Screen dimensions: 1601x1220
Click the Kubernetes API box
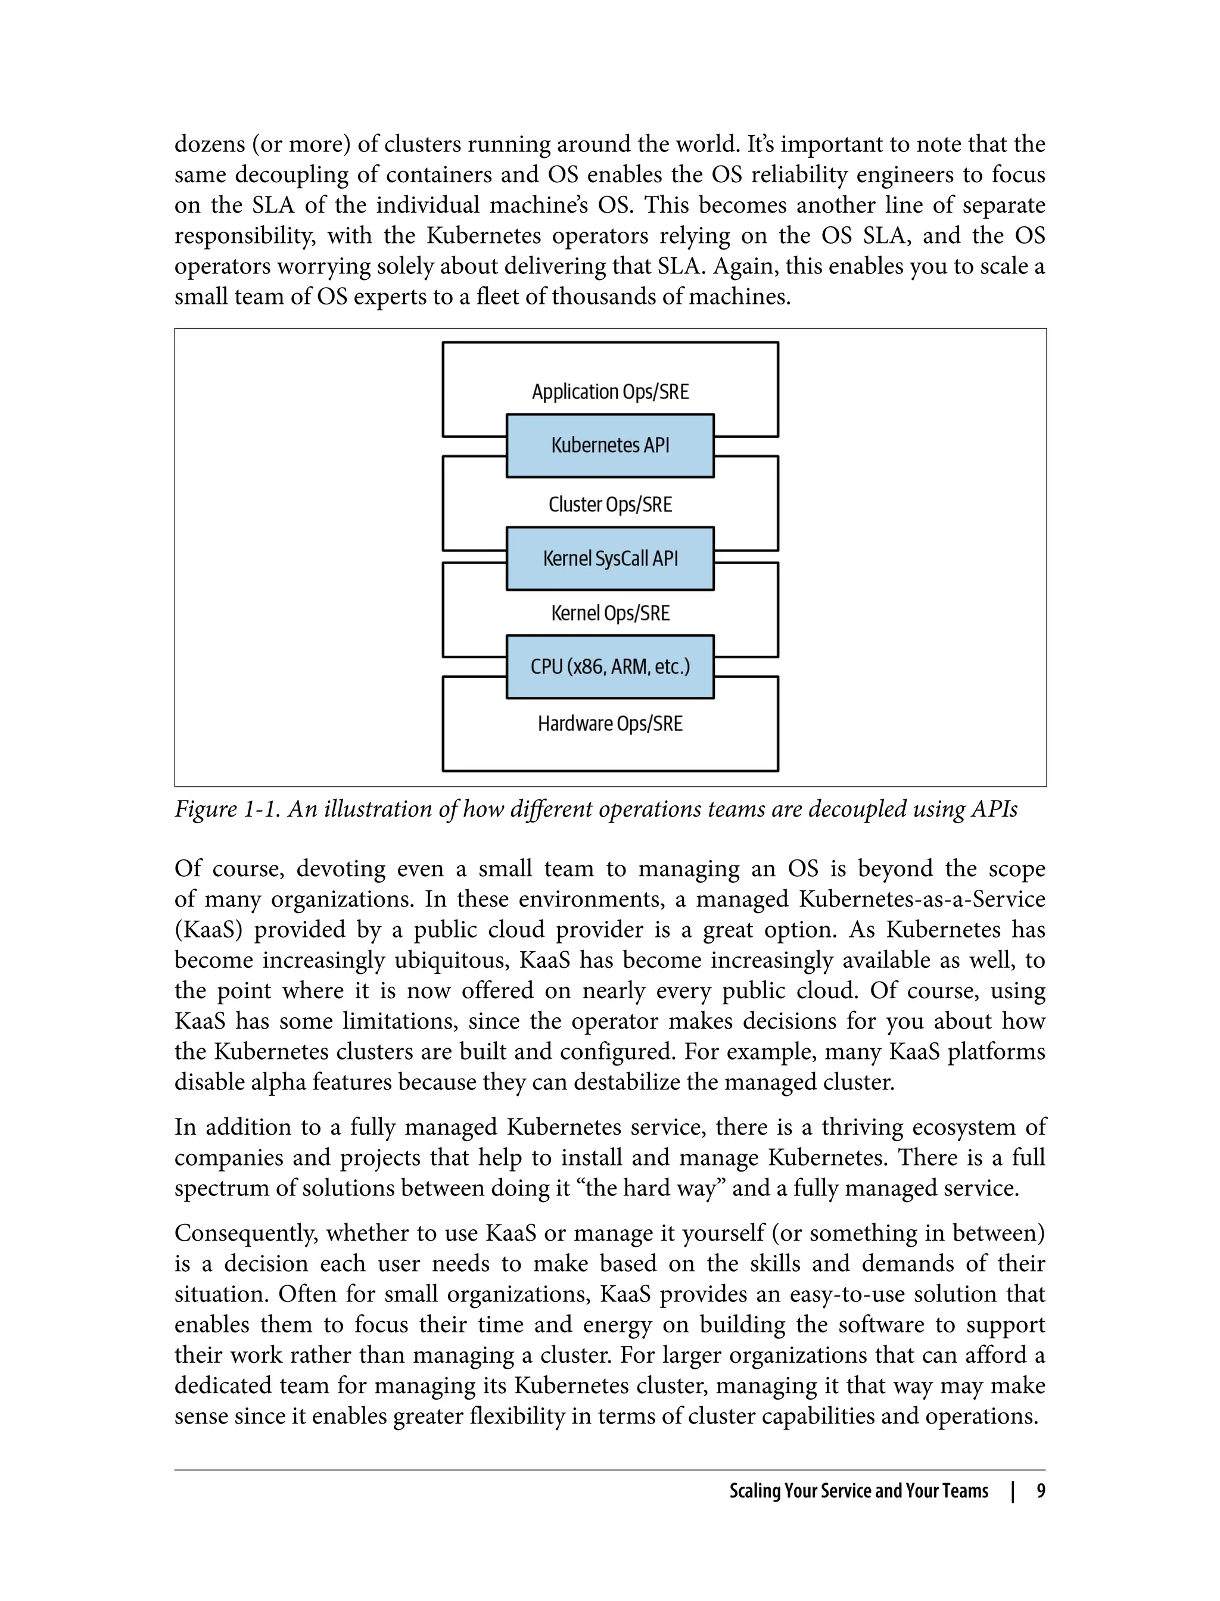[610, 445]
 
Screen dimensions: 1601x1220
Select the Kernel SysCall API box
[610, 558]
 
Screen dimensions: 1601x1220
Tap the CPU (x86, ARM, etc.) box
[610, 666]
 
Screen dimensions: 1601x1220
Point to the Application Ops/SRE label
[610, 392]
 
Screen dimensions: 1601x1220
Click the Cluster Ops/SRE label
[610, 504]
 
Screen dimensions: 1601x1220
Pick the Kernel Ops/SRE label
[610, 613]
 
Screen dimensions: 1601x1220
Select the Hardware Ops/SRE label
[610, 724]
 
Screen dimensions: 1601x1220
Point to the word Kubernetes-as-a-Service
[922, 899]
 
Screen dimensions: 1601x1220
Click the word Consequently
[245, 1234]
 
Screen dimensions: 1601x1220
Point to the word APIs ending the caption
[994, 809]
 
